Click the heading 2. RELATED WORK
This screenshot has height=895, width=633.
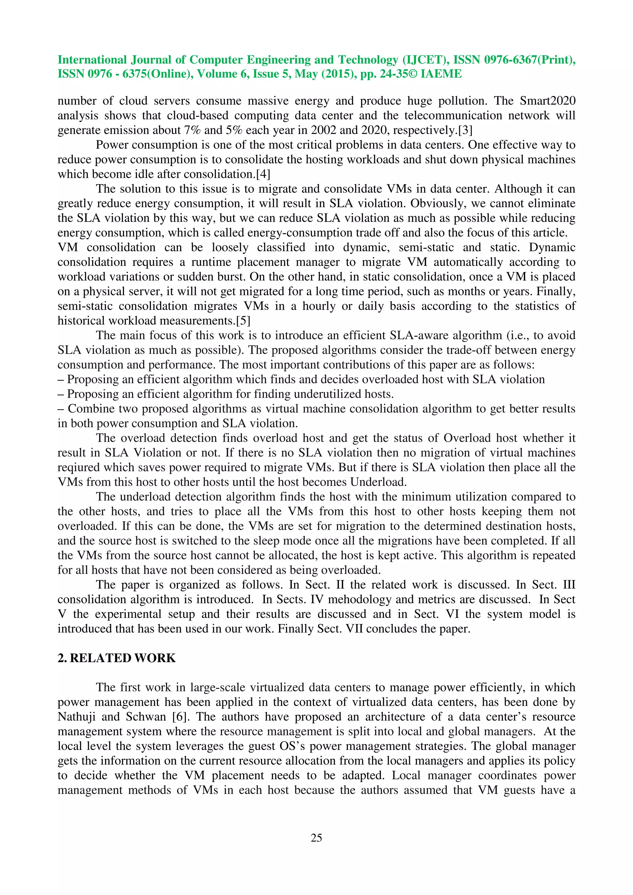(117, 658)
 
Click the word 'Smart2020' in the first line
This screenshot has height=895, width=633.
(548, 101)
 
